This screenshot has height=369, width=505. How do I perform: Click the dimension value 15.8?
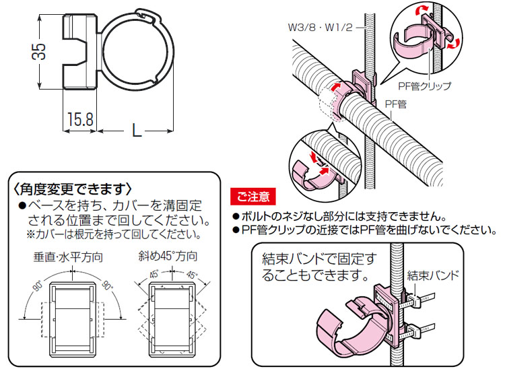point(79,120)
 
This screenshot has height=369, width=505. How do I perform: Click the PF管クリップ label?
point(424,86)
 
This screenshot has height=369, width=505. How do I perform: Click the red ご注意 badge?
point(252,197)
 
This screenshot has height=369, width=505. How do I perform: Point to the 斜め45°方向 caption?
point(169,257)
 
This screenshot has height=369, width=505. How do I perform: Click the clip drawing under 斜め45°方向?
point(170,312)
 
